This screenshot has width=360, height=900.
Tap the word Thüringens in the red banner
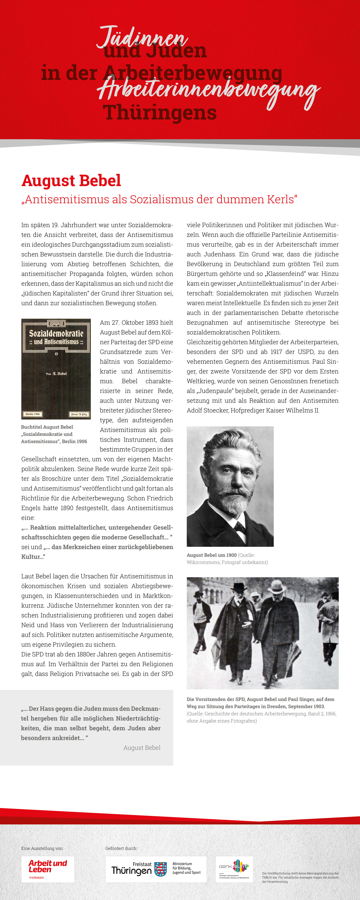click(x=160, y=113)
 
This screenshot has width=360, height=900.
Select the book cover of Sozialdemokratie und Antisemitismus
click(x=56, y=369)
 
